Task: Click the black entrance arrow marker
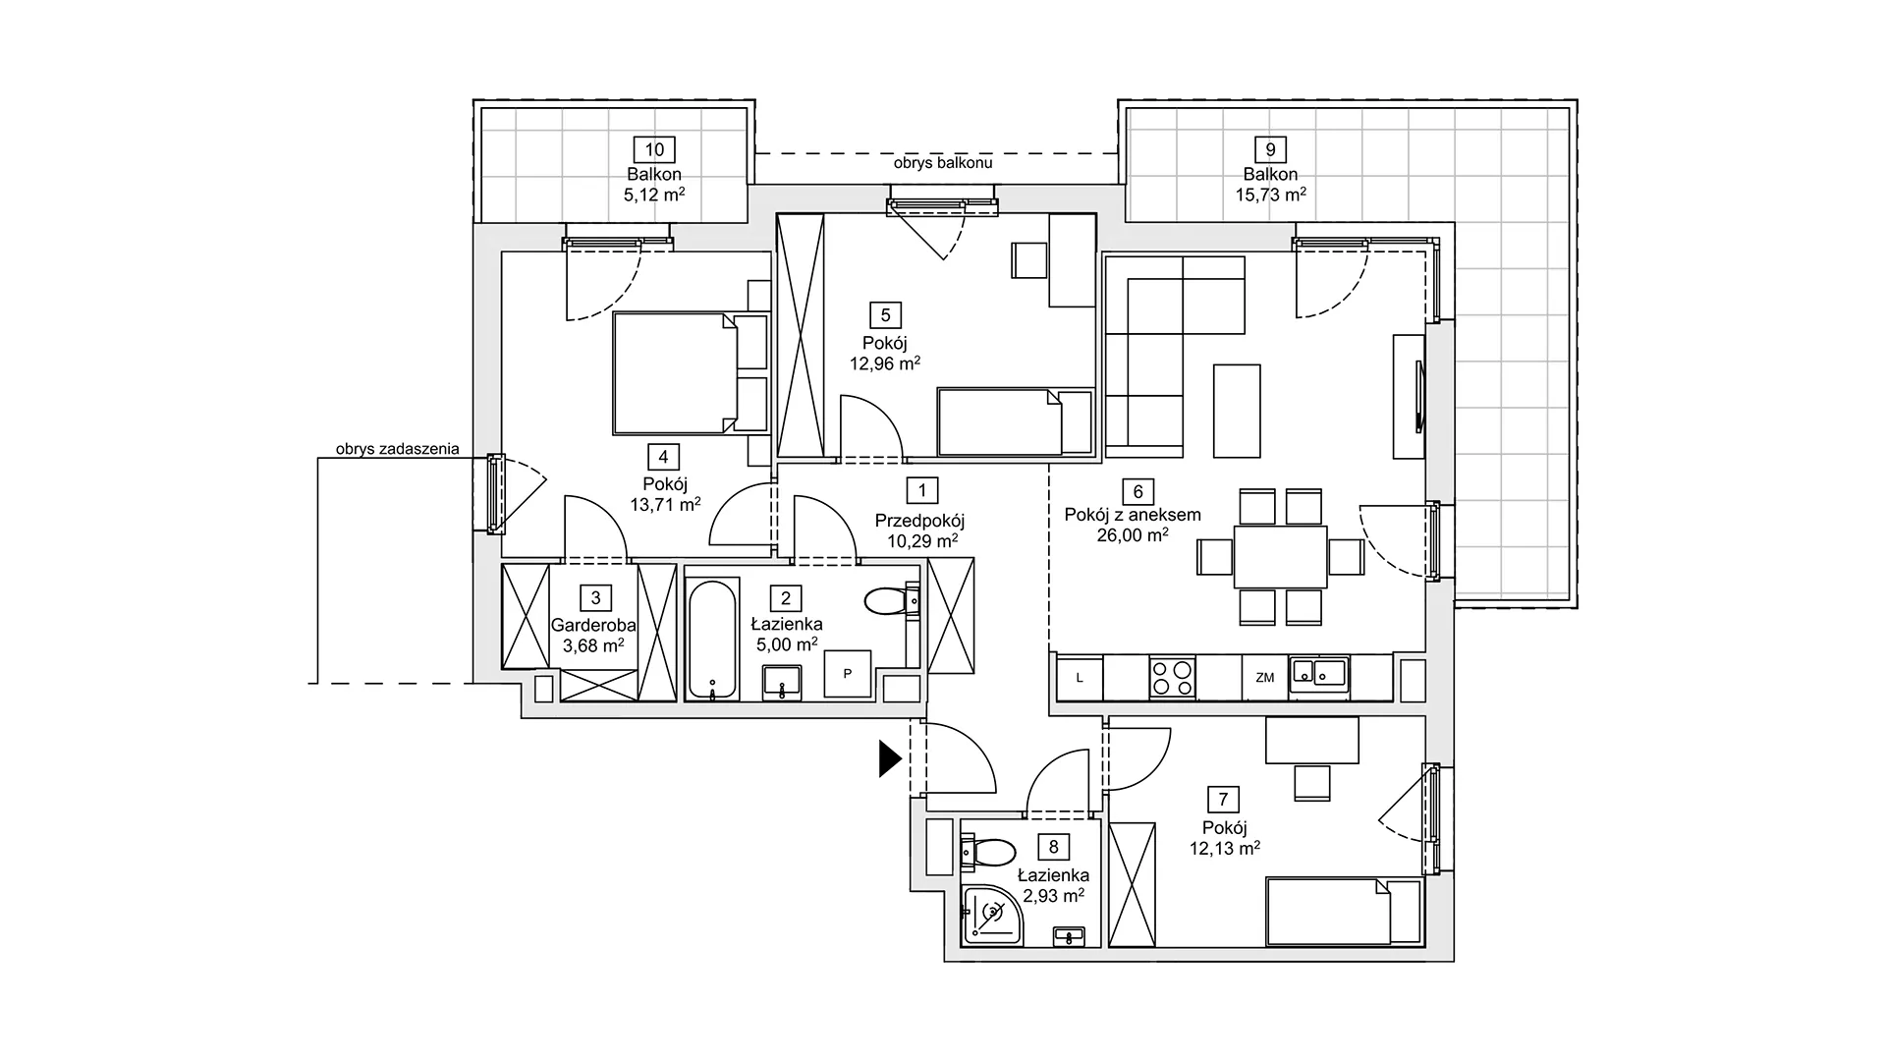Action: point(889,758)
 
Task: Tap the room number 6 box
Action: point(1137,491)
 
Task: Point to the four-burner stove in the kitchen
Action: point(1172,677)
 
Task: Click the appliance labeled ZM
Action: point(1264,677)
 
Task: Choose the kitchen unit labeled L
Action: point(1080,677)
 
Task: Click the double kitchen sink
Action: point(1318,674)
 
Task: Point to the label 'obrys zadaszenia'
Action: point(397,449)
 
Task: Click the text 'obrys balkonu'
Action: point(943,163)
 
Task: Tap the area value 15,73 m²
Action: point(1270,195)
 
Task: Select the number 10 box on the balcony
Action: point(654,149)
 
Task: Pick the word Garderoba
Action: point(593,625)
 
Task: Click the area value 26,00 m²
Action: point(1133,535)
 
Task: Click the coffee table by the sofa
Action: point(1237,411)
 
